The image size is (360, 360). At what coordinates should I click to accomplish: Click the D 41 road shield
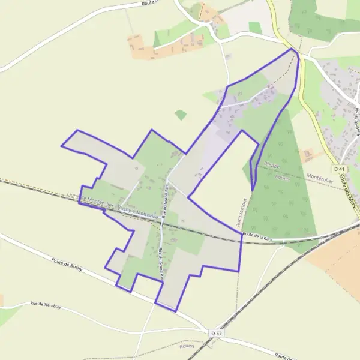[x=340, y=170]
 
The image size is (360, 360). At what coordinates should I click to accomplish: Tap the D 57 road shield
[x=217, y=332]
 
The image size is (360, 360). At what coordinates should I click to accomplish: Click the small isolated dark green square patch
[x=181, y=115]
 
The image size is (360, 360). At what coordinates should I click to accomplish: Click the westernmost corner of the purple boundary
[x=62, y=145]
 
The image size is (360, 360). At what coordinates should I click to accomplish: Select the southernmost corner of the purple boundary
[x=176, y=311]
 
